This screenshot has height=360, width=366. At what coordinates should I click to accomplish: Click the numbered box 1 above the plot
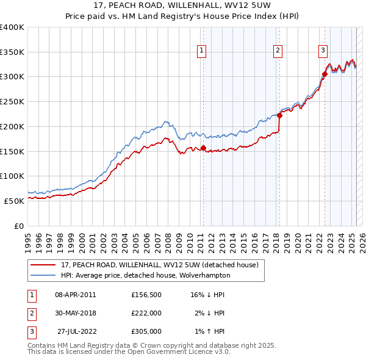202,51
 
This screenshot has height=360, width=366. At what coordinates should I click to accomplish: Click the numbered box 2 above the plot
278,51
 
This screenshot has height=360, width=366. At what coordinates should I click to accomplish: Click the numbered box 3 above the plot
323,51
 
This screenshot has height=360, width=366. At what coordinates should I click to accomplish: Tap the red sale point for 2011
203,148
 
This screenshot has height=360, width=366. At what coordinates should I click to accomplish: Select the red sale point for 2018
279,115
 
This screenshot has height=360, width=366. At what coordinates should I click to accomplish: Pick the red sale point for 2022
325,74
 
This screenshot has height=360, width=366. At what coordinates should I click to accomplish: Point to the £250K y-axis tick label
12,101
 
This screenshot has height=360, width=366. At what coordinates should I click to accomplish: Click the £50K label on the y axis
13,200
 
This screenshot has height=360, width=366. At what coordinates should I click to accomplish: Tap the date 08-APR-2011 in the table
76,295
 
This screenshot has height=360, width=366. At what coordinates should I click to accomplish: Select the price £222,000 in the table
146,313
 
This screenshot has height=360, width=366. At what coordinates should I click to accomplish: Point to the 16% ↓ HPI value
207,295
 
